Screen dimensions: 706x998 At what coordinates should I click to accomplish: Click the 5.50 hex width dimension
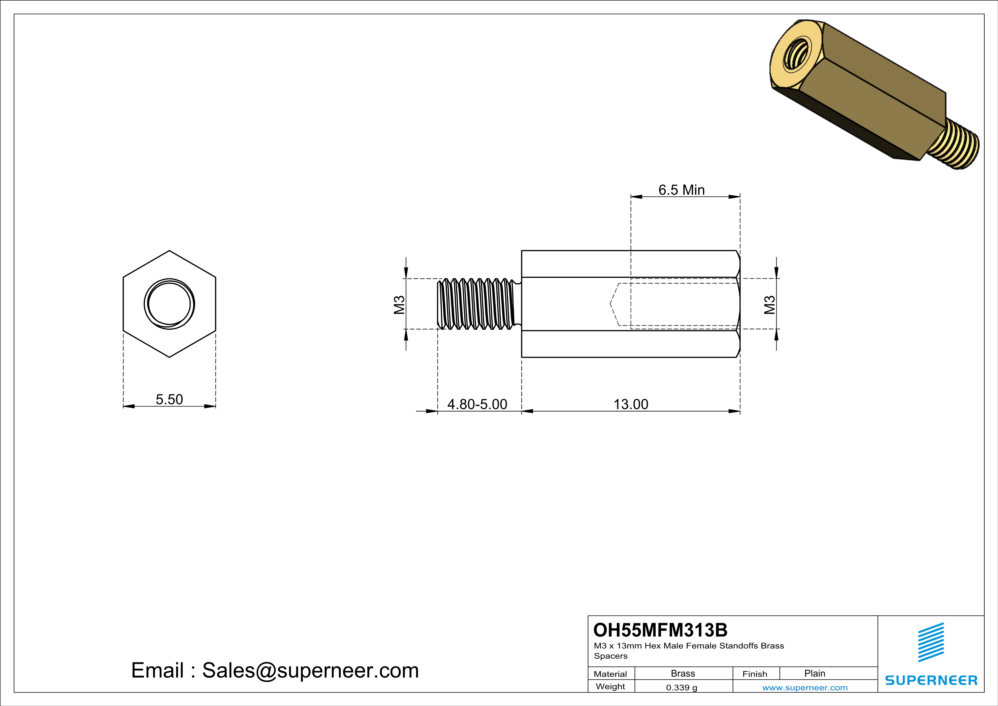(169, 399)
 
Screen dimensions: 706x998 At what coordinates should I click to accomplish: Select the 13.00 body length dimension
(630, 404)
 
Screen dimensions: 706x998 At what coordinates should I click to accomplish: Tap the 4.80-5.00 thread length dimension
(477, 404)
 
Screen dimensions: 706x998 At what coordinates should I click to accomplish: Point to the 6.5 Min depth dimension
(681, 190)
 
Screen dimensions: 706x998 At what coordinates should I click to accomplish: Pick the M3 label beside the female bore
(769, 304)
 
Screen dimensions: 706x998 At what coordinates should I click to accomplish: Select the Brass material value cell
(683, 673)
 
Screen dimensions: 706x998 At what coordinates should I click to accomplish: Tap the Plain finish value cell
(814, 673)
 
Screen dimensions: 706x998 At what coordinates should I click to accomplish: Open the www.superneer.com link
(804, 687)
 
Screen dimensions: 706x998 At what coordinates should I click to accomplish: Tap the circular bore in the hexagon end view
(169, 304)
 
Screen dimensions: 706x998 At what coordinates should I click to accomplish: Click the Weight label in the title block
(610, 686)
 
